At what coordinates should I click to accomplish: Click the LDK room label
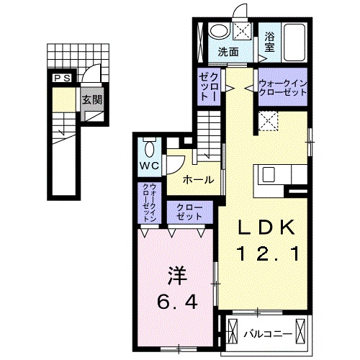point(267,228)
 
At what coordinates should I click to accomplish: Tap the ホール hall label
point(197,179)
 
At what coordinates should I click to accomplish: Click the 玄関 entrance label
point(91,101)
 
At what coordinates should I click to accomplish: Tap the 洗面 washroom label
point(228,52)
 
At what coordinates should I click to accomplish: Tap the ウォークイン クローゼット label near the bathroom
point(283,89)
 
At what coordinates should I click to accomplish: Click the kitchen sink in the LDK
point(269,175)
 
